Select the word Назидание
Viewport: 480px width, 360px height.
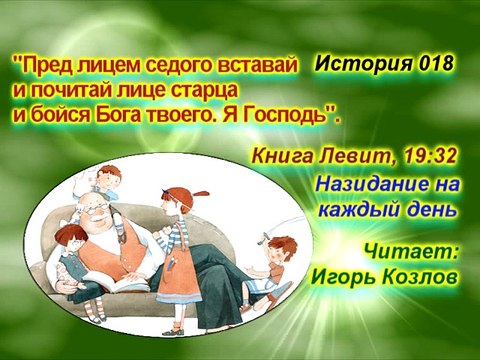pos(374,187)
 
